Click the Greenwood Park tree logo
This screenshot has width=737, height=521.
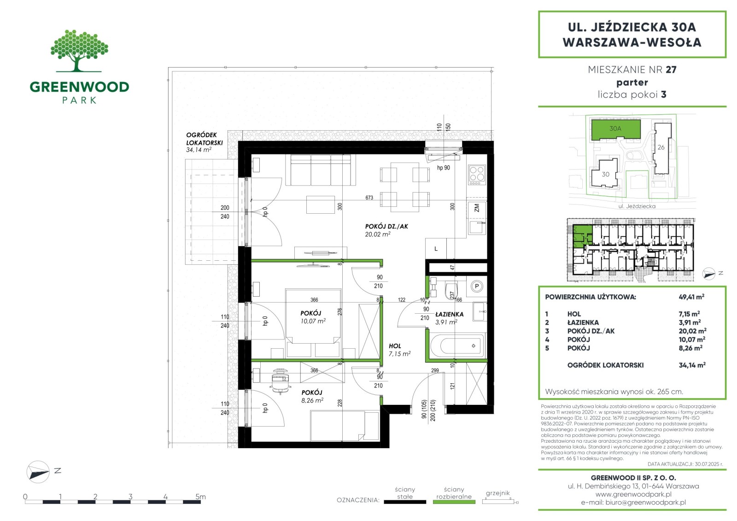click(x=79, y=51)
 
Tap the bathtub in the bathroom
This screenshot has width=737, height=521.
click(x=458, y=345)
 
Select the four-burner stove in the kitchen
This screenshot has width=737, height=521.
click(x=477, y=175)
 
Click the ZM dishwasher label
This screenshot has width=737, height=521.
click(x=477, y=208)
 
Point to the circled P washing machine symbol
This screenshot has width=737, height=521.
click(x=476, y=287)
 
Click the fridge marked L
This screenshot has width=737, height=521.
click(x=436, y=248)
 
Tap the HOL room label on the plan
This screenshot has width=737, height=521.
click(x=395, y=346)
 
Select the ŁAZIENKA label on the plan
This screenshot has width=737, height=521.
click(x=450, y=314)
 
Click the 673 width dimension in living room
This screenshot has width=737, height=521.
click(x=369, y=198)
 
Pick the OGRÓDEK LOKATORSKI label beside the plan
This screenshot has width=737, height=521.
click(x=205, y=139)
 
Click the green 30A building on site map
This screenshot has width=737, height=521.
click(x=615, y=129)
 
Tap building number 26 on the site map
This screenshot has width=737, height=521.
click(x=661, y=147)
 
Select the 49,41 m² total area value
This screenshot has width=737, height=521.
click(x=691, y=297)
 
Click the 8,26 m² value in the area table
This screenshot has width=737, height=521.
click(x=690, y=348)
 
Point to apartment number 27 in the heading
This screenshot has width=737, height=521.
click(x=671, y=70)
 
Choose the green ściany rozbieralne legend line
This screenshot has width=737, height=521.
click(x=454, y=502)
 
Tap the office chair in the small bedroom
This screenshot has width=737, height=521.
click(x=280, y=381)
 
